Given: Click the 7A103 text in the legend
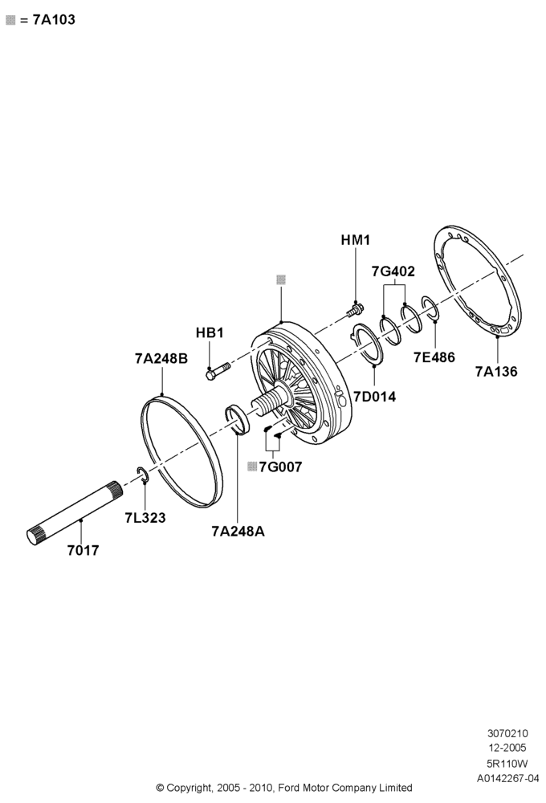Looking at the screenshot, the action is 54,20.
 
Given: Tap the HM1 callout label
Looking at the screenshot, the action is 356,239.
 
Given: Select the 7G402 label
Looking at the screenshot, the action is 393,271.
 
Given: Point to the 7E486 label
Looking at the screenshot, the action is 434,357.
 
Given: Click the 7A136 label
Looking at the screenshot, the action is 496,371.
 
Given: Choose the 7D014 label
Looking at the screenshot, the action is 374,397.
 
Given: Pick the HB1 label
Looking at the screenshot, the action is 210,332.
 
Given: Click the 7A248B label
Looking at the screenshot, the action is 161,358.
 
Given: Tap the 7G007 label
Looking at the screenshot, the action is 280,467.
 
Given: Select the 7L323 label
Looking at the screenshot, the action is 145,518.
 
